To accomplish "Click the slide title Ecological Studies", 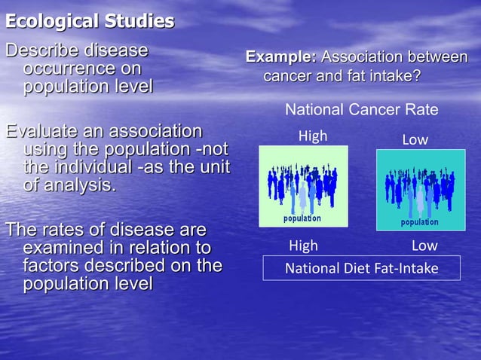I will (90, 21).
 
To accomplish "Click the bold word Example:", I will (281, 57).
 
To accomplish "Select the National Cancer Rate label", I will (361, 110).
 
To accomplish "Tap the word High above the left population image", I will (313, 136).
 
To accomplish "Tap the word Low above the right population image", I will (415, 140).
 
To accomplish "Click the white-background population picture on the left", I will (303, 186).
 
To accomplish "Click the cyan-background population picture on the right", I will (419, 189).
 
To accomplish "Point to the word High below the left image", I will (304, 246).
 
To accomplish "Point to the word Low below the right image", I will (424, 246).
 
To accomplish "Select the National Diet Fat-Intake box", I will (361, 268).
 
